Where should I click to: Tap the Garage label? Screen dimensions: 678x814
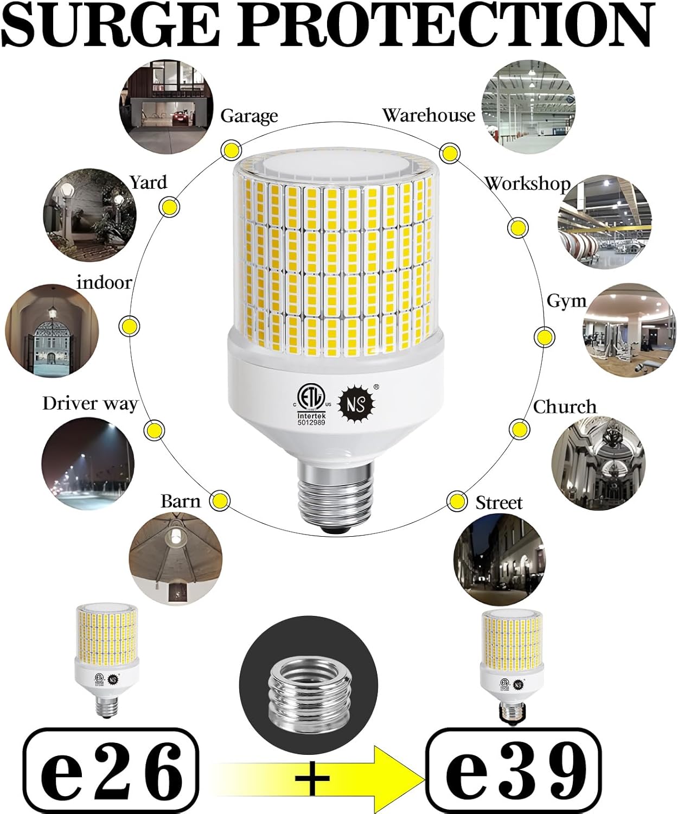tap(249, 116)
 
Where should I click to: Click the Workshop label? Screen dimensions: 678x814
tap(527, 184)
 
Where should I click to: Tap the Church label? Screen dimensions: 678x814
tap(564, 406)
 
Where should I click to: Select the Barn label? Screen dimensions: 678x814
tap(181, 501)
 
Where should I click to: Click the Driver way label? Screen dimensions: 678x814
tap(90, 403)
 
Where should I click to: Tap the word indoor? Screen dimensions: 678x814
tap(104, 283)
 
